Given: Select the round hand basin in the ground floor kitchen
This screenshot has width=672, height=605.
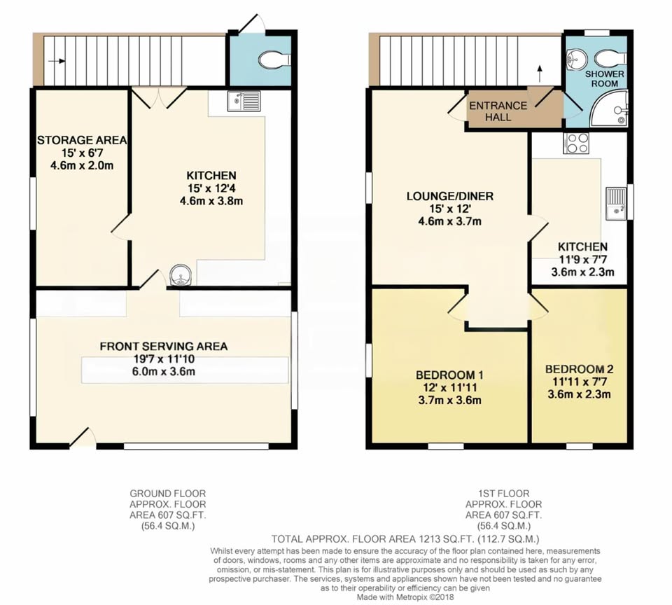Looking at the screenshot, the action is click(x=181, y=274).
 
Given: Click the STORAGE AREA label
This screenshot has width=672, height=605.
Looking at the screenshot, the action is click(x=82, y=140).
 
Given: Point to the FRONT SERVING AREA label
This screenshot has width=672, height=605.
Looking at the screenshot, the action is click(x=164, y=347).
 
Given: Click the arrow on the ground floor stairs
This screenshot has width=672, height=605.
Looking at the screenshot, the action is click(x=57, y=61).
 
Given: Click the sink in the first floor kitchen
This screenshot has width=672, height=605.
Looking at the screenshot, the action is click(x=616, y=204).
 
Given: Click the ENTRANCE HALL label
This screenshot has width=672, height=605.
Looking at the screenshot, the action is click(x=498, y=111).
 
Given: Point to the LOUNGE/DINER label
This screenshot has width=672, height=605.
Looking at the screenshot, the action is click(x=450, y=196).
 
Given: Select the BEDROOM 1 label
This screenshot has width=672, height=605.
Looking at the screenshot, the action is click(x=449, y=375).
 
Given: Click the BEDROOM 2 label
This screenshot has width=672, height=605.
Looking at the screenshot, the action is click(x=579, y=369).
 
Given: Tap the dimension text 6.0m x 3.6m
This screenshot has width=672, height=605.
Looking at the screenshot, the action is click(x=164, y=371).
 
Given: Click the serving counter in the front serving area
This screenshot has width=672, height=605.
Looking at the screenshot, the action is click(x=185, y=370).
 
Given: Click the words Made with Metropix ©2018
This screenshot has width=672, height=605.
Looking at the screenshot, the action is click(x=405, y=597).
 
